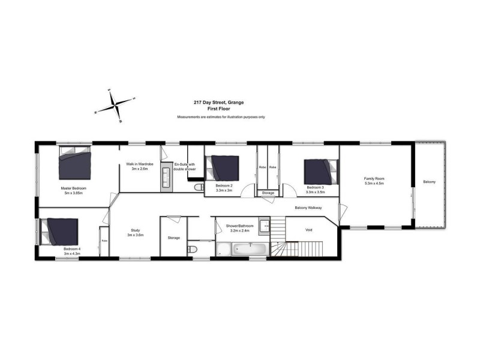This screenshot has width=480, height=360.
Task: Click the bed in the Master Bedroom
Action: pyautogui.click(x=76, y=164)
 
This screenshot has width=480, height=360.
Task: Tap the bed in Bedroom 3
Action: pyautogui.click(x=319, y=171)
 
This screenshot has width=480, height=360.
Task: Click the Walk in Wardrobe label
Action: pyautogui.click(x=139, y=164)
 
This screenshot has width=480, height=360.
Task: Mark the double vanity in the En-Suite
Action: pyautogui.click(x=166, y=178)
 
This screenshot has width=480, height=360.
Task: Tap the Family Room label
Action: pyautogui.click(x=374, y=179)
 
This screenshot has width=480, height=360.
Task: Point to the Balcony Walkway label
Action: pyautogui.click(x=308, y=208)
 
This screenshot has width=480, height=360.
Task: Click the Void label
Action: pyautogui.click(x=308, y=229)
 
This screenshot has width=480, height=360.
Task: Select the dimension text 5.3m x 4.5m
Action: pyautogui.click(x=374, y=184)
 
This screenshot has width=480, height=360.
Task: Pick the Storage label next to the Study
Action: pyautogui.click(x=173, y=238)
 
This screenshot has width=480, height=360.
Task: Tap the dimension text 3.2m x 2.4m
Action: pyautogui.click(x=240, y=230)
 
